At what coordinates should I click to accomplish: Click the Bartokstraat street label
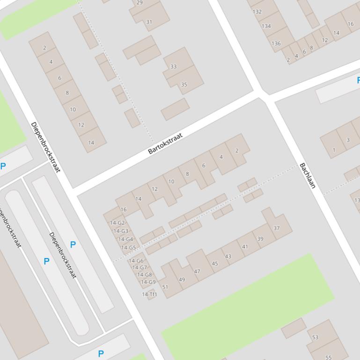[x=165, y=144]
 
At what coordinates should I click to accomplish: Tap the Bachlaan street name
[x=307, y=176]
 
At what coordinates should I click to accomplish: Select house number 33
[x=173, y=66]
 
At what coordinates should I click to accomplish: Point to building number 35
[x=184, y=85]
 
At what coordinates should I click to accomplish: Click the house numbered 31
[x=149, y=22]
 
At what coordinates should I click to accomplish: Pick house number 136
[x=276, y=43]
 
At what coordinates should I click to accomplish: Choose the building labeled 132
[x=257, y=12]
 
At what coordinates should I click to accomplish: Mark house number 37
[x=276, y=228]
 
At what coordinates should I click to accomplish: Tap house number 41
[x=245, y=246]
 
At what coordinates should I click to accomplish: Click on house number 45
[x=215, y=264]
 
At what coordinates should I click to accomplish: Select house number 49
[x=182, y=280]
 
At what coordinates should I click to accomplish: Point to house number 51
[x=165, y=287]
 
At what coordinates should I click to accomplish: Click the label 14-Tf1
[x=149, y=294]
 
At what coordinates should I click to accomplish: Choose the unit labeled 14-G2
[x=118, y=223]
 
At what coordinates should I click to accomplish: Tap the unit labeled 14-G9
[x=148, y=282]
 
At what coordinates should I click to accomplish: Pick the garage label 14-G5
[x=128, y=248]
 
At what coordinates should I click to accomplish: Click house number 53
[x=315, y=337]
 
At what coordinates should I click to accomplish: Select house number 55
[x=328, y=358]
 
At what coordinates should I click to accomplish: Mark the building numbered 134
[x=266, y=26]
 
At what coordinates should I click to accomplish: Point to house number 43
[x=228, y=256]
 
